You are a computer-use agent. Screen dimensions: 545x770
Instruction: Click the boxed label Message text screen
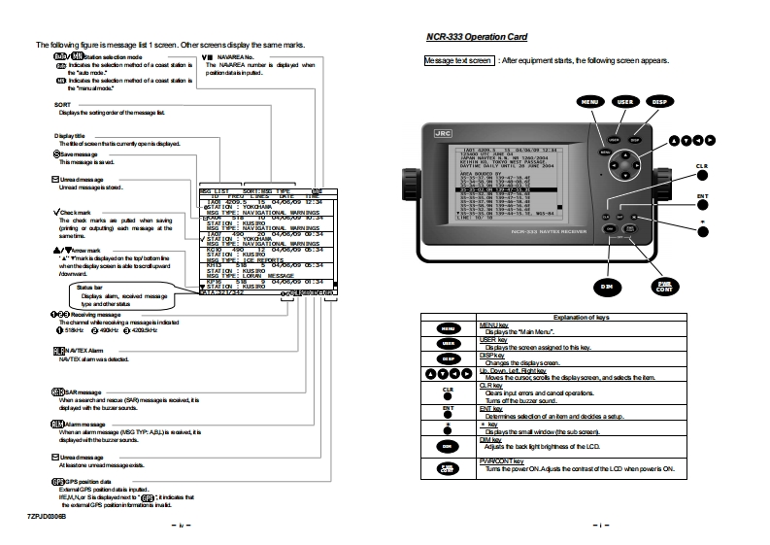click(459, 60)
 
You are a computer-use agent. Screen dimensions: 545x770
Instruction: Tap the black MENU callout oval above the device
click(588, 101)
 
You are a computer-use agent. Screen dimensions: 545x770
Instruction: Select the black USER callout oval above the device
click(626, 101)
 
